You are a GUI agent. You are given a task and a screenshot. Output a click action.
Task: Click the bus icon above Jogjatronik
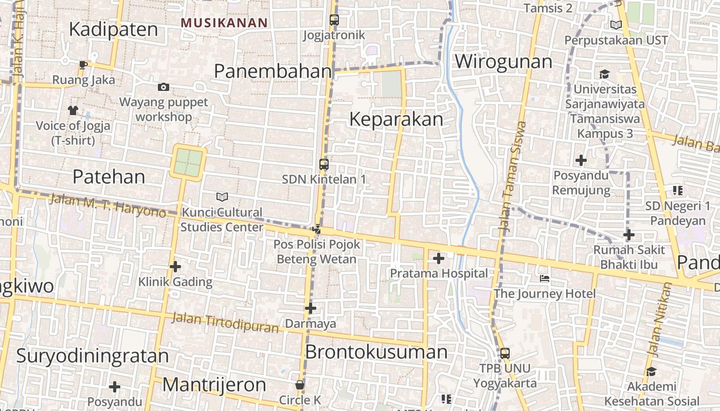334,21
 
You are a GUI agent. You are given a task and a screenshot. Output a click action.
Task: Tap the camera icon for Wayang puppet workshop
164,87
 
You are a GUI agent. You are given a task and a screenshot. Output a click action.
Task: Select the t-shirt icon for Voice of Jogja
73,110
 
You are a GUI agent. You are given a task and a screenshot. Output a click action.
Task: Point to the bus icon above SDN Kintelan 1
323,164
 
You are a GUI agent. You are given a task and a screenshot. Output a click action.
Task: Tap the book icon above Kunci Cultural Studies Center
222,197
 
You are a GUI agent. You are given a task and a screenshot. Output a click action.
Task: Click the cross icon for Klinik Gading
175,267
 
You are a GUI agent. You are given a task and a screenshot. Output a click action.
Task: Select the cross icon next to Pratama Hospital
439,258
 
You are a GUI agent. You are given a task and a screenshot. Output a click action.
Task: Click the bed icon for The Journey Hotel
545,278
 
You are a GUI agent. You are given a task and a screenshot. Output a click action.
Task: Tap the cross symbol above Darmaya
311,308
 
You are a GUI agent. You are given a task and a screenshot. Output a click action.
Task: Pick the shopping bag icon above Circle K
300,385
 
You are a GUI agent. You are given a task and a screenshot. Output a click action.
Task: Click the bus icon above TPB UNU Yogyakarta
505,353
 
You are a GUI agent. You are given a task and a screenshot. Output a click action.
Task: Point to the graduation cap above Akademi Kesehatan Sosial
652,371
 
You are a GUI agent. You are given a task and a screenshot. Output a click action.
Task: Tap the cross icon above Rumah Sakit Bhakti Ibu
628,235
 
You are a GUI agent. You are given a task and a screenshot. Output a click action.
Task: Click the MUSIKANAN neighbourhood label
225,23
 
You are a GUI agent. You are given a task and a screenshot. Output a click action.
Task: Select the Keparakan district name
396,119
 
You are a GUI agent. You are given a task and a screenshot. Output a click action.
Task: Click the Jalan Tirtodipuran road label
224,322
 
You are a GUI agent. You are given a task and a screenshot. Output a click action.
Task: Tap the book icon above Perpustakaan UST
616,25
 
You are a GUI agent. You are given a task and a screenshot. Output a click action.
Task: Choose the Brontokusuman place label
376,352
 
